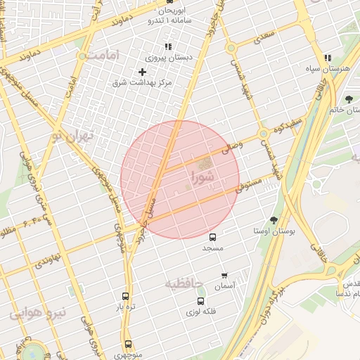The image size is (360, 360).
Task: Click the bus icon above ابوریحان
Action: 169,2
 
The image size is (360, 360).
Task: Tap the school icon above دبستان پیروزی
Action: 167,46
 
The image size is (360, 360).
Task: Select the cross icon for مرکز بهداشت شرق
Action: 142,72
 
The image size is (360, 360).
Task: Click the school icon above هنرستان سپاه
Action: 328,58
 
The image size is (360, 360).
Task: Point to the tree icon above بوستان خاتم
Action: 349,98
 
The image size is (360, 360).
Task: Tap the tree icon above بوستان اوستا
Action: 274,220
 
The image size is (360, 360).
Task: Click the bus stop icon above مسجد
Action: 213,238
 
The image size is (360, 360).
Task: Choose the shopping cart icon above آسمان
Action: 224,275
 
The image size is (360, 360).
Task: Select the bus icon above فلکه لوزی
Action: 200,302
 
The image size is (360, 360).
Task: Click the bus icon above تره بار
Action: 125,297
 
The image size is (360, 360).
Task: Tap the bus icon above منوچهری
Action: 127,345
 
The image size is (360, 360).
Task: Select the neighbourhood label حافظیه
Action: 184,283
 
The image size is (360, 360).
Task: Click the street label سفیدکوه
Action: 288,127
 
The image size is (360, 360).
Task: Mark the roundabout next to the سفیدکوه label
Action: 263,134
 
